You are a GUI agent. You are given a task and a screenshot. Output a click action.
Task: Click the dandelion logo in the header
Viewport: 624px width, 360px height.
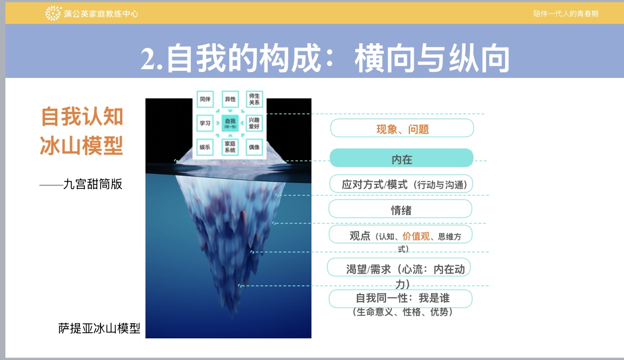53,13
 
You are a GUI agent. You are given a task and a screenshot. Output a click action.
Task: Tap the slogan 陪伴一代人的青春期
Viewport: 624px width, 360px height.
566,14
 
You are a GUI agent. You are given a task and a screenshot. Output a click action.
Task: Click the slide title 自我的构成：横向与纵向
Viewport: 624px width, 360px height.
325,58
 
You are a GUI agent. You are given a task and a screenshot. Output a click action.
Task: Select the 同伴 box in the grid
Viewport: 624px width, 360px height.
205,99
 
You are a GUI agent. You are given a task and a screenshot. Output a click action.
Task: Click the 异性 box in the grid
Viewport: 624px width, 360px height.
230,99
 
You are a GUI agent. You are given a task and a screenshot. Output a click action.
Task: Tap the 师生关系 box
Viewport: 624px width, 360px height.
254,99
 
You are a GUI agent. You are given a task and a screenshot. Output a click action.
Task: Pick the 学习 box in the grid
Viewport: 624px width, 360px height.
205,123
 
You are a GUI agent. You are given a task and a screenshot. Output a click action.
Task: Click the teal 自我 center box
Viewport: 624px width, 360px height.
230,123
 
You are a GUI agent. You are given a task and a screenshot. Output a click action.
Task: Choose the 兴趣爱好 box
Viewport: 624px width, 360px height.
254,123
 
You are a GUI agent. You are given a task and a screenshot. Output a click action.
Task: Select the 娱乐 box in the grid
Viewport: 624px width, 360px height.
205,147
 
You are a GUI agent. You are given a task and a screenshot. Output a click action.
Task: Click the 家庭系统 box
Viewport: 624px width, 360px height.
230,147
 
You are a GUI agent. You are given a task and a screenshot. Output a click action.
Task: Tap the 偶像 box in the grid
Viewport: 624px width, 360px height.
254,147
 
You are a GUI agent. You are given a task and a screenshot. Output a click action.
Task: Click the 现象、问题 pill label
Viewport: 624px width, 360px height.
402,128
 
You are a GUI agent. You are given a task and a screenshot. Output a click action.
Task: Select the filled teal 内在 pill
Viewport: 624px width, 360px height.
402,158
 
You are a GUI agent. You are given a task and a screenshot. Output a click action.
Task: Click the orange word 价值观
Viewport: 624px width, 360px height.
416,236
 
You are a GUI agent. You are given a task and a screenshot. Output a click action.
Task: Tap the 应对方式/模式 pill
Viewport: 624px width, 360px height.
401,184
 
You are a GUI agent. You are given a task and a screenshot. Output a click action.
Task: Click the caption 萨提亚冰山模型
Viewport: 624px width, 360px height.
99,328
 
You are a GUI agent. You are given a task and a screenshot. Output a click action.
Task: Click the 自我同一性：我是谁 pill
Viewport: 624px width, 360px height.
400,298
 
